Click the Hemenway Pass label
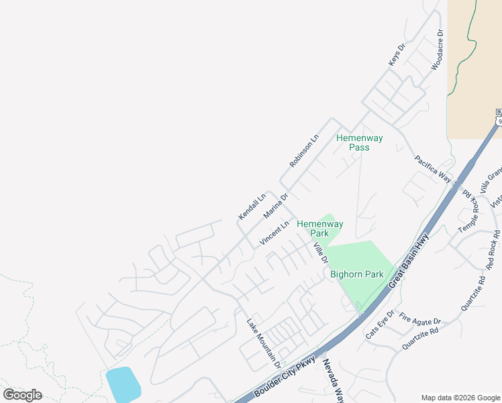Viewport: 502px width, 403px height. point(359,143)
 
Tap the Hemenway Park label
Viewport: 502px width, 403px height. point(320,228)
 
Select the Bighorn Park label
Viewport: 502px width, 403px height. point(356,274)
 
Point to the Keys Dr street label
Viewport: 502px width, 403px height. point(397,55)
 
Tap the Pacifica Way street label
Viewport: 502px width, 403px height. point(433,169)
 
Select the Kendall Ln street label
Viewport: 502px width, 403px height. point(252,206)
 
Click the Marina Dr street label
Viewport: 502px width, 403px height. point(275,206)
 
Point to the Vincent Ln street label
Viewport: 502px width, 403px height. point(274,232)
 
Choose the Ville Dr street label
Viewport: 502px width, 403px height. point(320,253)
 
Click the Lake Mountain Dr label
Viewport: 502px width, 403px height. point(263,342)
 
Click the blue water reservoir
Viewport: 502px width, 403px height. point(123,384)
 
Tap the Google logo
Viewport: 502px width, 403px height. point(22,395)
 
